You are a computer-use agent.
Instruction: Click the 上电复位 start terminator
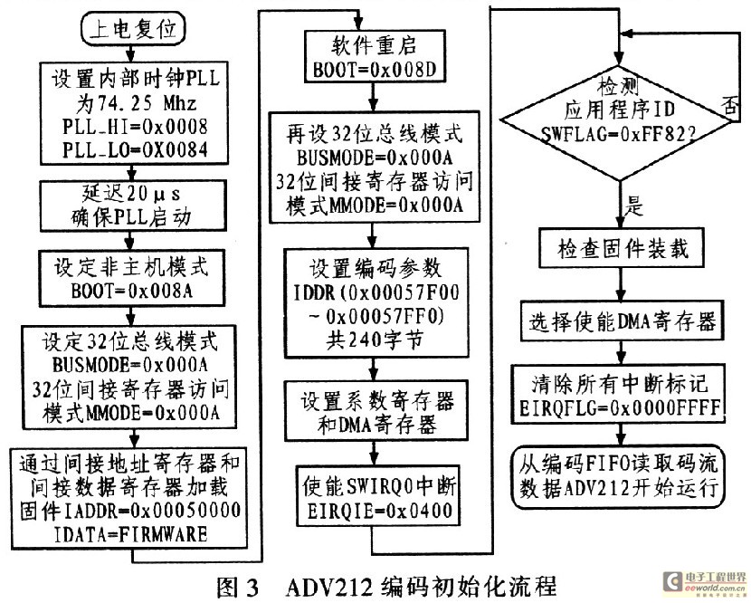[133, 29]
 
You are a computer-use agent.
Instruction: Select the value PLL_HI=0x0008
[135, 127]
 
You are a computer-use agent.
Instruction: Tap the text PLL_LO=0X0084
[135, 150]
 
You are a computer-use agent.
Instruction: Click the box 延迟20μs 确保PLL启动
[133, 206]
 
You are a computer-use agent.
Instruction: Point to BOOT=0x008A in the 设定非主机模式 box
[132, 291]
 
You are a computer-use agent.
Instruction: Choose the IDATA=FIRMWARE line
[131, 534]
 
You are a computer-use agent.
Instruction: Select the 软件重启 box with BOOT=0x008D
[375, 55]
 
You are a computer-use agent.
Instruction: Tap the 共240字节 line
[375, 340]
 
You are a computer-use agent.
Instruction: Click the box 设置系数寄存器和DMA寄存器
[376, 410]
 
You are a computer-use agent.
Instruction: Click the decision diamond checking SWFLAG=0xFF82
[619, 123]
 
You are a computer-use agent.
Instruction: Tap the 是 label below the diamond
[633, 206]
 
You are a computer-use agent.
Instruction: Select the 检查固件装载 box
[622, 248]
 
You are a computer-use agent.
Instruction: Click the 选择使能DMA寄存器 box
[622, 321]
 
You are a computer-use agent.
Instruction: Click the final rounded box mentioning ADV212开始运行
[619, 476]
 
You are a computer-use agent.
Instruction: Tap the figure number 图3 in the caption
[238, 586]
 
